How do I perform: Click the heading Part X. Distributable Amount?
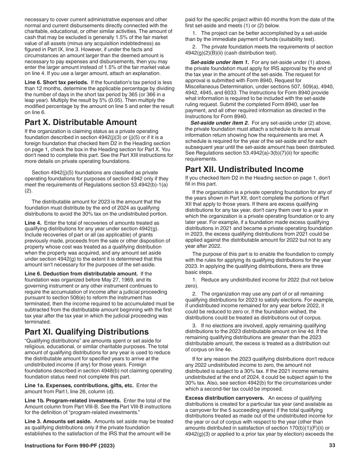(81, 122)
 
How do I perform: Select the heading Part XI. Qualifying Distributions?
(86, 332)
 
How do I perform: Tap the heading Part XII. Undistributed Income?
(244, 169)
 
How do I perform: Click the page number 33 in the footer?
(332, 446)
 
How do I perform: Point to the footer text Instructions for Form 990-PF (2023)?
(69, 446)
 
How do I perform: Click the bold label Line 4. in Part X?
(33, 223)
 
